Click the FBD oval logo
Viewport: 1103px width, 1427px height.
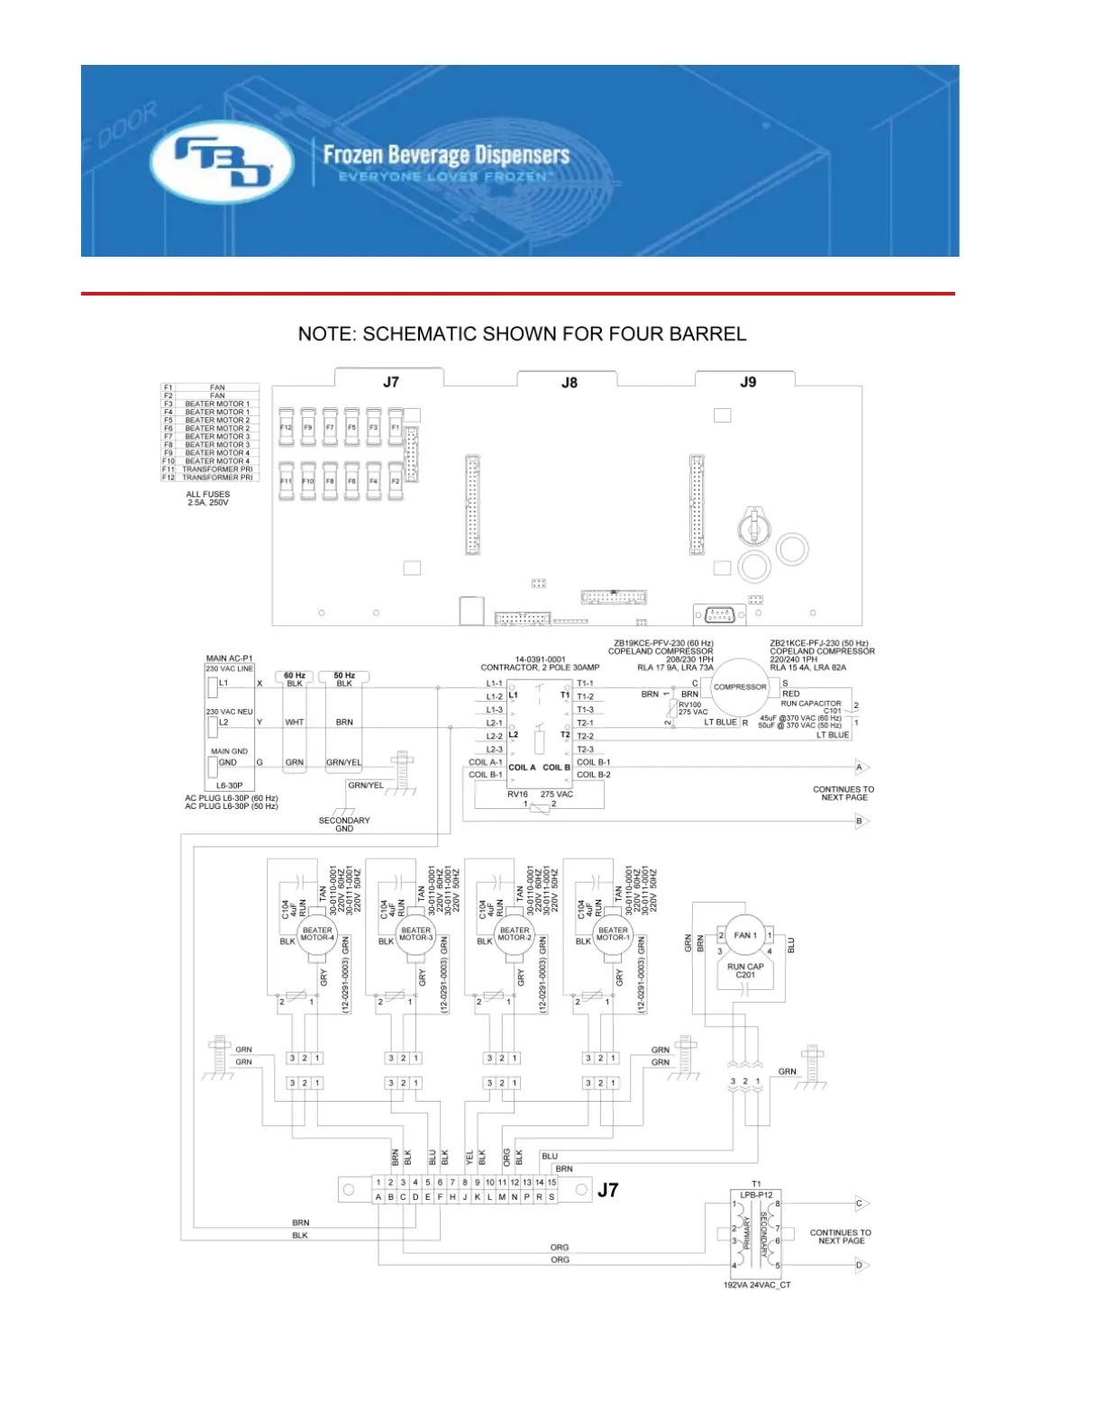click(x=222, y=163)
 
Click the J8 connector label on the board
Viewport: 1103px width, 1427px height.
click(x=570, y=383)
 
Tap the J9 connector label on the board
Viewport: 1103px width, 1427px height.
click(x=748, y=382)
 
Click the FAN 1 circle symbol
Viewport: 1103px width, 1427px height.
click(x=744, y=935)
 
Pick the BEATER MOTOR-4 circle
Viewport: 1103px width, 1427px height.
click(x=317, y=934)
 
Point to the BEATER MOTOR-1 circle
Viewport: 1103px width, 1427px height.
click(x=613, y=934)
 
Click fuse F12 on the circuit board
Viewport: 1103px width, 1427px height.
click(x=286, y=428)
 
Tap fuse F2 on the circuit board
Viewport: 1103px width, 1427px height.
click(x=395, y=482)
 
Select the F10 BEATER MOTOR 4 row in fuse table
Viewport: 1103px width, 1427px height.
click(x=210, y=461)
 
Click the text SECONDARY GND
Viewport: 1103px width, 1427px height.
click(x=344, y=824)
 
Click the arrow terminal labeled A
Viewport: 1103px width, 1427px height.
click(x=861, y=768)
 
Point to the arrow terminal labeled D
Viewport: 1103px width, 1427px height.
click(x=861, y=1266)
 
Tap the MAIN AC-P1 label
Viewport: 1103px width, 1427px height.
click(x=229, y=659)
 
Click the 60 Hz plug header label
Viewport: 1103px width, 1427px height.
click(x=295, y=676)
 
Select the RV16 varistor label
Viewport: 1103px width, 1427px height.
click(x=517, y=795)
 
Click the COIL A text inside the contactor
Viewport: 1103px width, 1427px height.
click(x=522, y=768)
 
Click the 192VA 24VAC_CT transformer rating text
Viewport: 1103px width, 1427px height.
click(x=757, y=1285)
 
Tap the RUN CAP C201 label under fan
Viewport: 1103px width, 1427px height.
click(x=745, y=970)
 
